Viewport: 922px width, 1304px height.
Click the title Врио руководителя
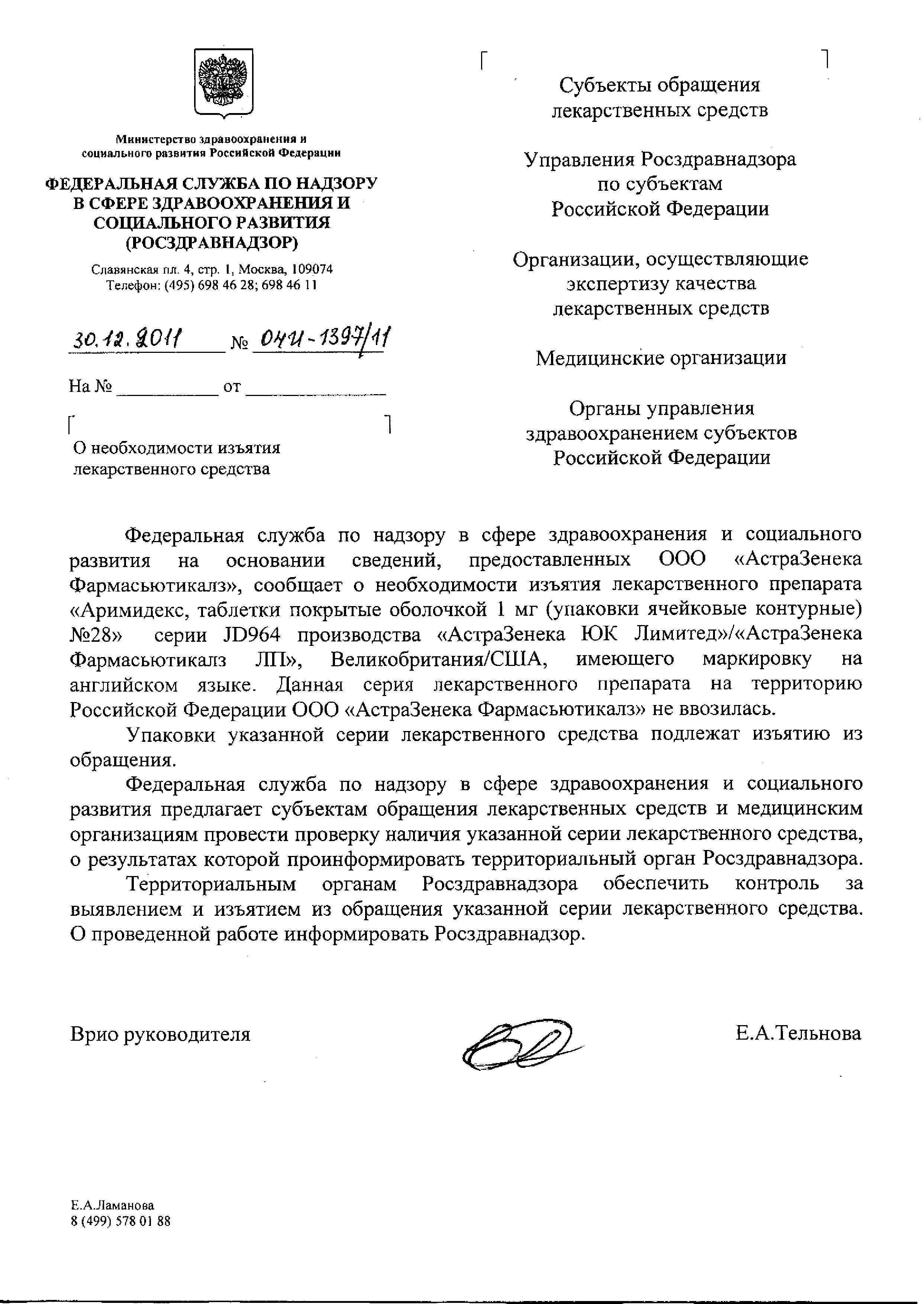click(160, 1034)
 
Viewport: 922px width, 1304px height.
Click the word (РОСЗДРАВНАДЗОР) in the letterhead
click(211, 242)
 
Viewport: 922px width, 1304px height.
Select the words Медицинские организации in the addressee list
click(661, 358)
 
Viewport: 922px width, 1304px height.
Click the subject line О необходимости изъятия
click(177, 448)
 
